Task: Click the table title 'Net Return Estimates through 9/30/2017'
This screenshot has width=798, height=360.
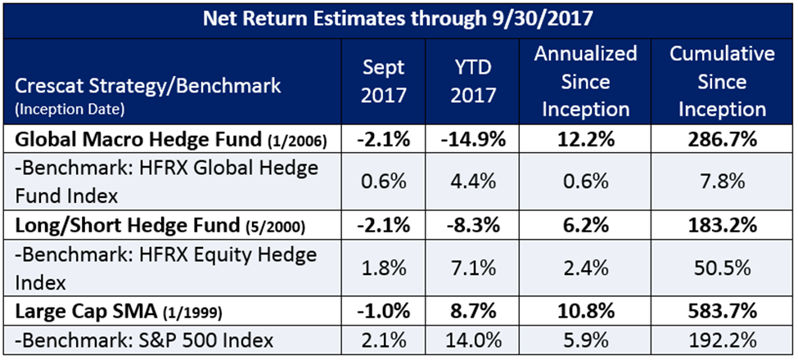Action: (x=399, y=18)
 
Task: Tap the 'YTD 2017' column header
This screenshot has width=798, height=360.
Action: (x=474, y=83)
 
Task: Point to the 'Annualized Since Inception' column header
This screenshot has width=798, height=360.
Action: (x=585, y=82)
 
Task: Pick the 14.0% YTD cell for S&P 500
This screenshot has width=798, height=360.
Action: (x=474, y=340)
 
